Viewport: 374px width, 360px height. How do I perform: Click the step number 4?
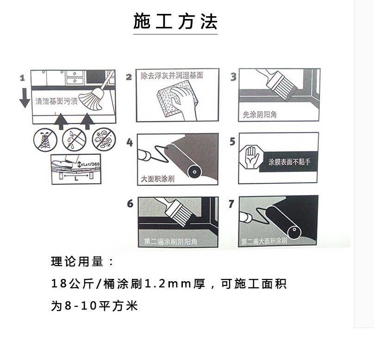[130, 142]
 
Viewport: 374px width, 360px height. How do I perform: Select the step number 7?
[231, 204]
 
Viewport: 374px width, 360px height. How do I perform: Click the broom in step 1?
[95, 95]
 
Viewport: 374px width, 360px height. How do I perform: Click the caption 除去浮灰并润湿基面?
[172, 76]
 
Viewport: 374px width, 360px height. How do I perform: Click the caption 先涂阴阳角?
[260, 114]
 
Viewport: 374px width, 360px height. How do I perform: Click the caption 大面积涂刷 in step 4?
[158, 178]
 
